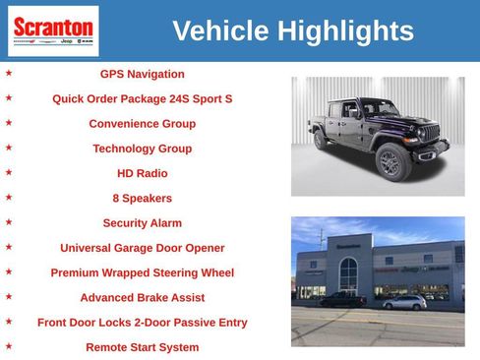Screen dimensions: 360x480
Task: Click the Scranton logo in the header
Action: coord(53,30)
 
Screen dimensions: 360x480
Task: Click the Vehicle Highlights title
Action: coord(292,30)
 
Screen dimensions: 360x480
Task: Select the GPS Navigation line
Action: coord(142,74)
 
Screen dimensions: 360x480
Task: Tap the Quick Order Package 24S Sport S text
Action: coord(142,98)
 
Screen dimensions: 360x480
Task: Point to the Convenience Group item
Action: coord(142,124)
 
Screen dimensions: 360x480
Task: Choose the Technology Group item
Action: coord(142,149)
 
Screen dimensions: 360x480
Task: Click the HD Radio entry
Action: coord(142,173)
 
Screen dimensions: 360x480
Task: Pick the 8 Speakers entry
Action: coord(142,198)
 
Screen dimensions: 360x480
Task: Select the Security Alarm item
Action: coord(142,223)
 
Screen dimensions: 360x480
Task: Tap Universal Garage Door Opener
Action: coord(142,248)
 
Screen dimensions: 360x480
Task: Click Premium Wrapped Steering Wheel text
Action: coord(142,272)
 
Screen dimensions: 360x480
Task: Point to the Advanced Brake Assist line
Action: coord(142,297)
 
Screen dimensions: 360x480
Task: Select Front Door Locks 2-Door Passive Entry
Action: coord(142,322)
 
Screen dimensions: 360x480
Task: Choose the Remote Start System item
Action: coord(142,347)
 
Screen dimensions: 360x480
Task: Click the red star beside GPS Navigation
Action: coord(9,73)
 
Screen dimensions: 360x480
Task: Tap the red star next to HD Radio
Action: coord(9,172)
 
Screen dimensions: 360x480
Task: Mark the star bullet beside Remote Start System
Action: coord(9,346)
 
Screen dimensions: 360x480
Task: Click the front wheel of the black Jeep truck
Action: coord(390,162)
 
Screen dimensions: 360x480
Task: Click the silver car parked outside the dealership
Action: coord(403,302)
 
